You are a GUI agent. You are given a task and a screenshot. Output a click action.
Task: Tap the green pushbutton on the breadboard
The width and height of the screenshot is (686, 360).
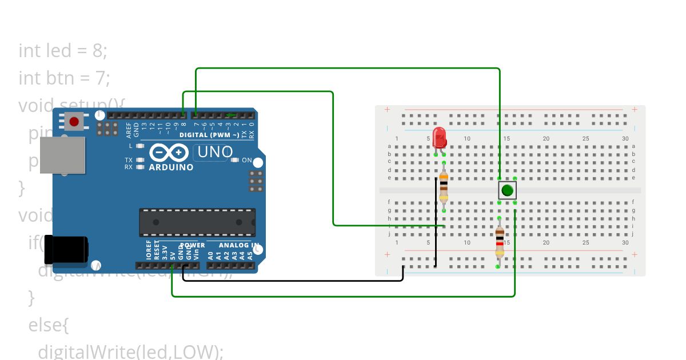point(507,190)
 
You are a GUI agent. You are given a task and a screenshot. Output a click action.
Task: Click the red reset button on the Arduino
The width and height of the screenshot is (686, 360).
point(74,121)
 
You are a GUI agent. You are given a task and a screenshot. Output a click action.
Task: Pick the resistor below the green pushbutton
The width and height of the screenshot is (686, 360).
point(500,242)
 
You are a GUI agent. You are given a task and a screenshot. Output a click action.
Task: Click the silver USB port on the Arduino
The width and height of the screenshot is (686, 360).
point(70,154)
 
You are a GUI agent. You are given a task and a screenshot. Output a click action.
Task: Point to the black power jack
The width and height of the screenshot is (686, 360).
point(67,250)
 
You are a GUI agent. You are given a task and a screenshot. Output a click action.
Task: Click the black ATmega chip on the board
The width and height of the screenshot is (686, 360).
point(197,222)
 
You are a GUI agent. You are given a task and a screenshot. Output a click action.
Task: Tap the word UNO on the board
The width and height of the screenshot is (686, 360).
point(215,152)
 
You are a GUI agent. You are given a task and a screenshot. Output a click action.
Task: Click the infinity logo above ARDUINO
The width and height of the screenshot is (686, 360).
point(169,153)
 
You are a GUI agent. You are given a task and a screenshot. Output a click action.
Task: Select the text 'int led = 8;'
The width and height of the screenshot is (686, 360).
point(63,51)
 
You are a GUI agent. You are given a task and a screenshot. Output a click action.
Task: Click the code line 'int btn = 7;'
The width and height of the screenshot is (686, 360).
point(64,77)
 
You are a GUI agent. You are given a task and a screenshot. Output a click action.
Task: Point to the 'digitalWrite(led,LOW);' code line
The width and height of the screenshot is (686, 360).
point(130,351)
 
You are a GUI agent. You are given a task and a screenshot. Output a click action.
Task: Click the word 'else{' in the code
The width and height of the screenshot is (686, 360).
point(49,325)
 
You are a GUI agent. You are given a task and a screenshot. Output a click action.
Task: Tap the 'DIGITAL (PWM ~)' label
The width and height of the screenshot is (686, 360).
point(209,135)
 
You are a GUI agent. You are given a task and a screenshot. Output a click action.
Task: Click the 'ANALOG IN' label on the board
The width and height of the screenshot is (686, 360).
point(239,245)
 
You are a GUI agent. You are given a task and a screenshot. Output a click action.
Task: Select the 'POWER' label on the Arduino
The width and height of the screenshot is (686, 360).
point(192,245)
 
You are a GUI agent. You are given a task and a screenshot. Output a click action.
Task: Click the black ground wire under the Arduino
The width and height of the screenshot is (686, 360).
point(292,281)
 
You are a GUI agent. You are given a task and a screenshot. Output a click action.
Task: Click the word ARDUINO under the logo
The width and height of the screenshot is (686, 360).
point(171,167)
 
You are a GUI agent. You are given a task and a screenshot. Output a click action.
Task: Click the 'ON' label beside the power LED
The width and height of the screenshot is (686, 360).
point(247,160)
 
